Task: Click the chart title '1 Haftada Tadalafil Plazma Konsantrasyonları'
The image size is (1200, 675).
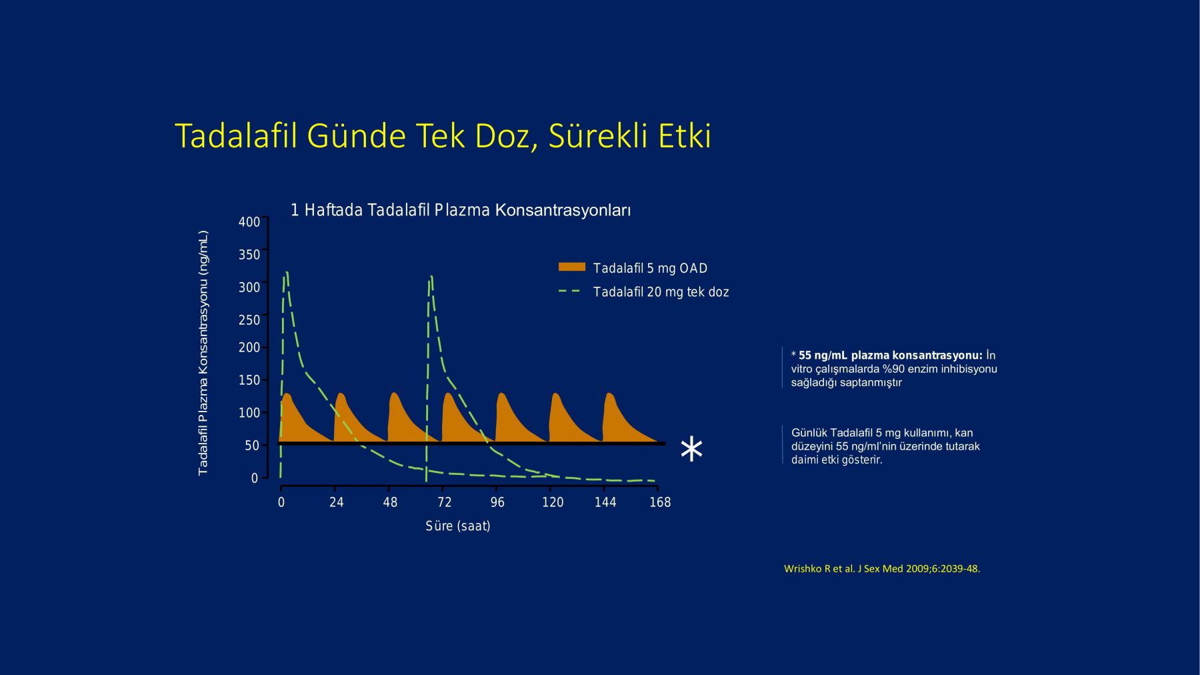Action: [461, 211]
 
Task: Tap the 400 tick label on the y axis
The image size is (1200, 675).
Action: [249, 222]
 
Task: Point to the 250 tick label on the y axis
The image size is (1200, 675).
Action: [249, 320]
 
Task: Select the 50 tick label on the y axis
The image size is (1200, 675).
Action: [252, 446]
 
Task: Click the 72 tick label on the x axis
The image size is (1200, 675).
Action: [445, 502]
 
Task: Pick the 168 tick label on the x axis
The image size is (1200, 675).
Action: [660, 502]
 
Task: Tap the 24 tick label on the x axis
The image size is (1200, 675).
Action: [337, 502]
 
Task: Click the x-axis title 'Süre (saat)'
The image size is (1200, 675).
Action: [458, 526]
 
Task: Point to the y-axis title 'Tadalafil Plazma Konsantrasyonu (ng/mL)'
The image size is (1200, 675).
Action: [203, 353]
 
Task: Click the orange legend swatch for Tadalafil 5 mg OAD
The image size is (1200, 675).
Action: [572, 267]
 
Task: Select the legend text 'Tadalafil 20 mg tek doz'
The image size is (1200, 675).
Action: [661, 292]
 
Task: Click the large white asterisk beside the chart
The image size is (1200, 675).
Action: [691, 449]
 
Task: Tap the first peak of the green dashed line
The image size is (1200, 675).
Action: [286, 273]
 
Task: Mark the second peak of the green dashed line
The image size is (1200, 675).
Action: [431, 277]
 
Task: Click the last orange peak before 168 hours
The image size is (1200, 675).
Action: [610, 394]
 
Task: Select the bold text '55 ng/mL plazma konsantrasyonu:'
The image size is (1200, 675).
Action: [891, 356]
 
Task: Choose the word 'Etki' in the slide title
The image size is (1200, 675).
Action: [685, 135]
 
